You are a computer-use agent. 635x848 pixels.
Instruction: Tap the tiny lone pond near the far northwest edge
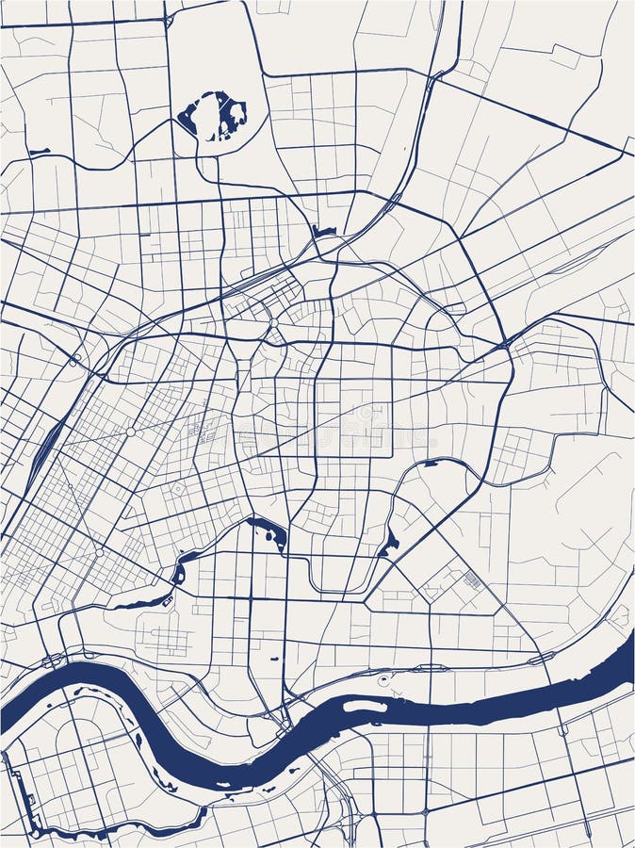pos(39,151)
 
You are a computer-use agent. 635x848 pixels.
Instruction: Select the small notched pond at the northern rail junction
pos(324,230)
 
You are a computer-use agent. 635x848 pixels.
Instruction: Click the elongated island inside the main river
pos(364,706)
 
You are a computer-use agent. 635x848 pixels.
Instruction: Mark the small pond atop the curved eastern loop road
pos(431,463)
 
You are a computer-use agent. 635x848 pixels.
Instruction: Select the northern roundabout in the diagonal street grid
pos(131,431)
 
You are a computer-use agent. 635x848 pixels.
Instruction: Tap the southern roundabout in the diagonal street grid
pos(99,551)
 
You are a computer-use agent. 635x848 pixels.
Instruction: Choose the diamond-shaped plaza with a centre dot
pos(177,489)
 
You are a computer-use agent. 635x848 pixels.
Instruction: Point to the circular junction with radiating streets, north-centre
pos(273,322)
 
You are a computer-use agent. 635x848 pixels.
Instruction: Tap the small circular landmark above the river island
pos(383,679)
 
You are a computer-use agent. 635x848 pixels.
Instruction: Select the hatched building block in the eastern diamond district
pos(473,580)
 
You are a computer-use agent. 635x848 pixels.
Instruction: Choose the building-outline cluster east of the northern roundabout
pos(201,429)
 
